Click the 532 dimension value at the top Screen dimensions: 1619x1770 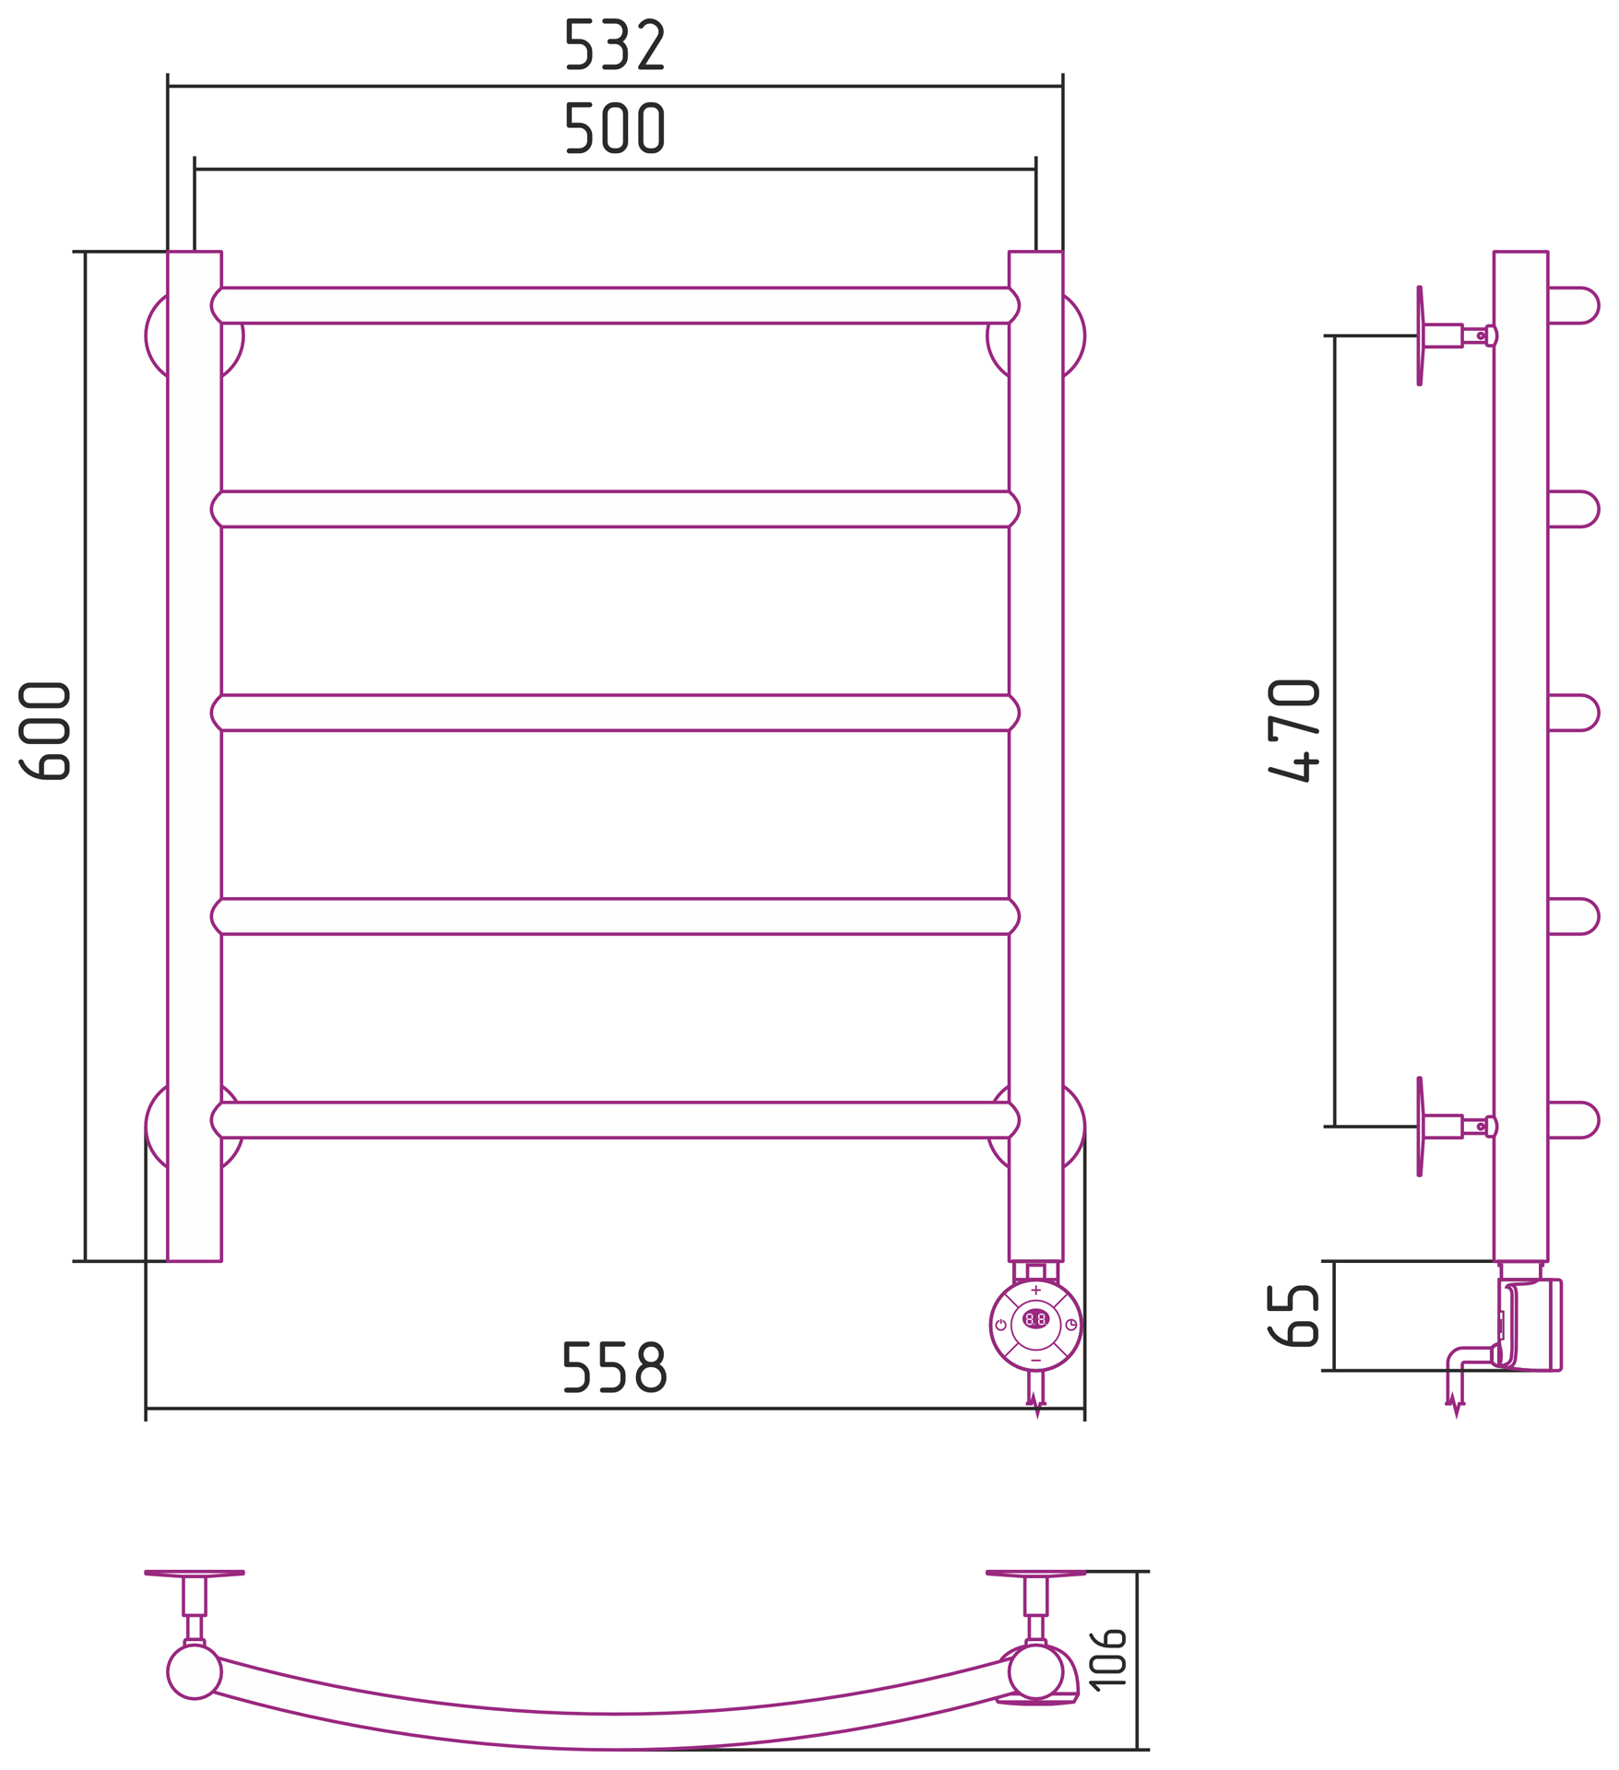coord(615,44)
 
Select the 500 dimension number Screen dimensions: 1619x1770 coord(615,127)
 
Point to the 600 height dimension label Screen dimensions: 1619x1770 coord(44,730)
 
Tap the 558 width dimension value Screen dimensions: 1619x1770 coord(614,1366)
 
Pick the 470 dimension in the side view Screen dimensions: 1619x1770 coord(1293,730)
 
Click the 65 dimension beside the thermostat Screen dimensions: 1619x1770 coord(1293,1316)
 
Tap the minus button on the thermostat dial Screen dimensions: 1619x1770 coord(1035,1360)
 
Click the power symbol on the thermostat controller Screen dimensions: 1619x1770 coord(1000,1325)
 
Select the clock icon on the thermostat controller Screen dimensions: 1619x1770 coord(1071,1325)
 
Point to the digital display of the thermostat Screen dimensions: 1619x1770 coord(1035,1319)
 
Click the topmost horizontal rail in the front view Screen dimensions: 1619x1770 coord(615,305)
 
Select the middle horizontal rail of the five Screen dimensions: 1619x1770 coord(615,713)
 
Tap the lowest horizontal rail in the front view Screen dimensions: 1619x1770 coord(615,1120)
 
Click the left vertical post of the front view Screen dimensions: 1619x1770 coord(195,756)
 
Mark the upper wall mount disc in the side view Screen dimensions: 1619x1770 coord(1420,336)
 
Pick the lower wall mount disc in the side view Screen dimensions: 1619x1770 coord(1420,1127)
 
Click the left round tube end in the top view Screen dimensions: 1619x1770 coord(195,1671)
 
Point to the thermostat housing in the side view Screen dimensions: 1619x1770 coord(1530,1325)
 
